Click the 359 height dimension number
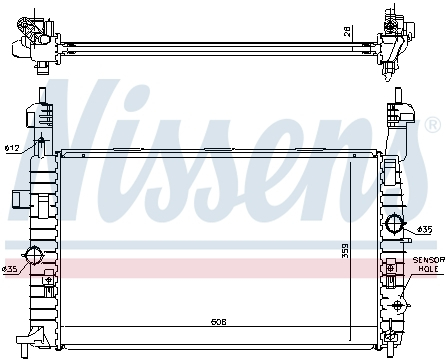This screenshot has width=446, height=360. [x=346, y=249]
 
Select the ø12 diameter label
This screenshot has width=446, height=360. [x=12, y=149]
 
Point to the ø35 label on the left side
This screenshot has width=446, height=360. [x=10, y=269]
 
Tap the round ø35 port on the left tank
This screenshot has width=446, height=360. [x=34, y=254]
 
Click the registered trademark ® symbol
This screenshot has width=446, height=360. [x=432, y=125]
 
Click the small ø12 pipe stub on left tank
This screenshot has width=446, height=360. [x=40, y=148]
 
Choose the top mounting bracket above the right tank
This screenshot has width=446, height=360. [x=399, y=110]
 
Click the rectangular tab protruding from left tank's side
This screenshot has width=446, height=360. [x=19, y=197]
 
